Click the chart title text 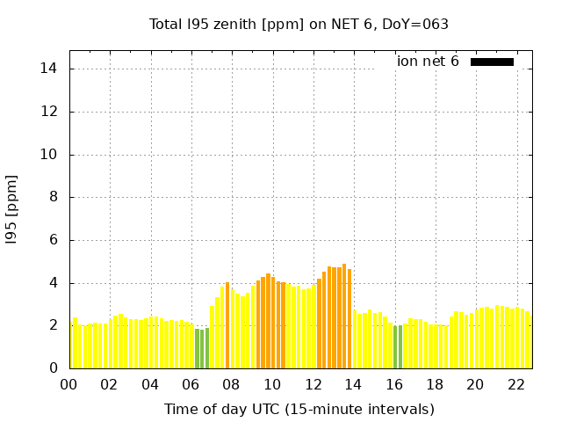coord(299,25)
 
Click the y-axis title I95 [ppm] coord(12,209)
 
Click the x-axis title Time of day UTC coord(299,409)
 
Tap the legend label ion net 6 coord(428,62)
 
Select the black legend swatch coord(492,62)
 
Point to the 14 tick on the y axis coord(50,69)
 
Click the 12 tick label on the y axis coord(50,112)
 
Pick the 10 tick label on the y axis coord(50,155)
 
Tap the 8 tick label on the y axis coord(54,198)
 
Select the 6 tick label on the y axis coord(54,240)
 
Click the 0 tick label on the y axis coord(54,368)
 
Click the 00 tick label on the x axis coord(69,384)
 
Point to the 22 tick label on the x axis coord(515,384)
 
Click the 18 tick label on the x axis coord(435,384)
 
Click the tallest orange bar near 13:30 coord(344,316)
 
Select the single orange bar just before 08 coord(227,325)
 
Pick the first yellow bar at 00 coord(71,346)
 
